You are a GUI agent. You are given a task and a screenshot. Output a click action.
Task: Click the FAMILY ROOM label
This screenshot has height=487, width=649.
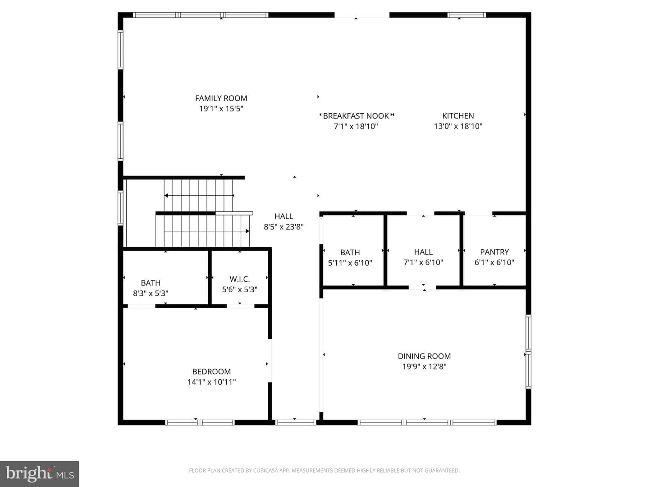[x=221, y=98]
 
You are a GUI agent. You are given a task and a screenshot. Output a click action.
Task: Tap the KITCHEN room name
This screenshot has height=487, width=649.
[x=458, y=115]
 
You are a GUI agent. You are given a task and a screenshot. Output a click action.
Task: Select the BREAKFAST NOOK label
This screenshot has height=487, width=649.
[x=356, y=116]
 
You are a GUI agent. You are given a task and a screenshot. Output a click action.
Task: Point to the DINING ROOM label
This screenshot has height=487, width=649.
[x=424, y=356]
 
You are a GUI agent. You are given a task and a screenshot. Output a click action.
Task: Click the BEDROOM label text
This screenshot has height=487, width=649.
[x=211, y=372]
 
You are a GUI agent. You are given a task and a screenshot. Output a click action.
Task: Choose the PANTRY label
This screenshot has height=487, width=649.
[x=494, y=252]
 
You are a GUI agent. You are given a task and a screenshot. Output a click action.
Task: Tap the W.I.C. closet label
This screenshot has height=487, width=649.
[x=239, y=279]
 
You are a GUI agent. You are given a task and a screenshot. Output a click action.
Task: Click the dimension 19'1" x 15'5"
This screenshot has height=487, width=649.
[x=221, y=109]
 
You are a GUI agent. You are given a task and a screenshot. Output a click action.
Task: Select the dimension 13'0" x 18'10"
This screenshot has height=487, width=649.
[x=458, y=126]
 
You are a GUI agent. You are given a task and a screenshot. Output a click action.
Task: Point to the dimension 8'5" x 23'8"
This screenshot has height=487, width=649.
[x=283, y=227]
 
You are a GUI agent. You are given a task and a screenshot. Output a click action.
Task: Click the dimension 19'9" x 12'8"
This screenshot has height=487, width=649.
[x=424, y=367]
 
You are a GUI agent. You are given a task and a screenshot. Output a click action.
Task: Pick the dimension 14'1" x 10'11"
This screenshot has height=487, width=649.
[x=211, y=382]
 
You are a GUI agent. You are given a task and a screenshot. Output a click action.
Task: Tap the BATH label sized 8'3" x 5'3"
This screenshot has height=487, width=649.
[x=151, y=283]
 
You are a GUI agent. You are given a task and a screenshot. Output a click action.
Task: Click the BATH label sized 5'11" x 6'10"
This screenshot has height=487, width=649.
[x=350, y=253]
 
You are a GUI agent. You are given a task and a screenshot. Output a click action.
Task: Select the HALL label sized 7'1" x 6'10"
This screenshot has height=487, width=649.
[x=423, y=252]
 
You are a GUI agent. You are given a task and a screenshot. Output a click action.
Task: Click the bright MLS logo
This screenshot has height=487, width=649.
[x=40, y=473]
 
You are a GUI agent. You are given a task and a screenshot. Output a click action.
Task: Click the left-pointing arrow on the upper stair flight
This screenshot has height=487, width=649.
[x=199, y=195]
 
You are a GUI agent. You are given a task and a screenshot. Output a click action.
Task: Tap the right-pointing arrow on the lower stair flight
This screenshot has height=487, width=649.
[x=207, y=231]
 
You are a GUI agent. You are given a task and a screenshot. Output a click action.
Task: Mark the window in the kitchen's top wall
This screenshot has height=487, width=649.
[x=466, y=15]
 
